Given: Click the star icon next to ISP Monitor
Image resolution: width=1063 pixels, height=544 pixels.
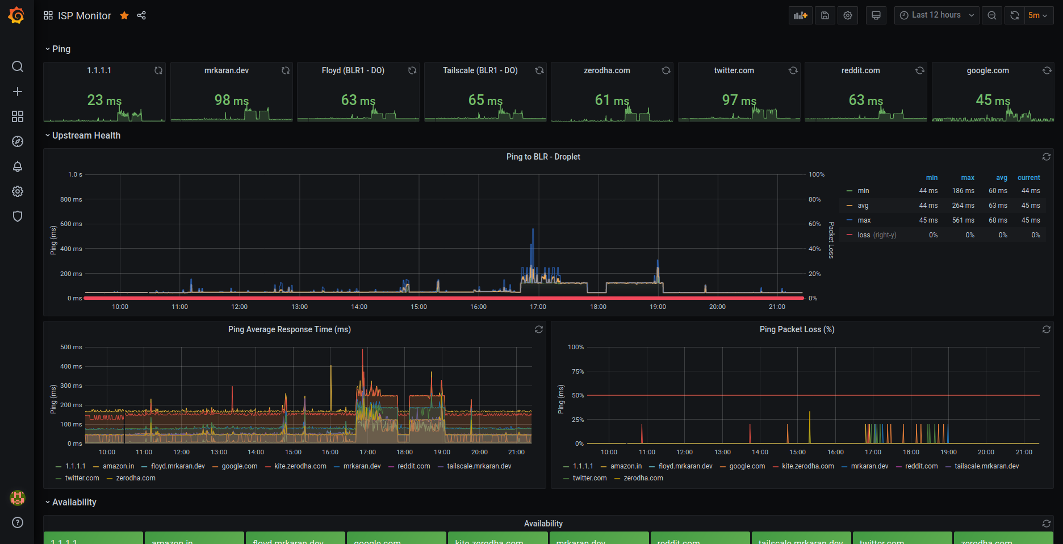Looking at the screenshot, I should coord(124,16).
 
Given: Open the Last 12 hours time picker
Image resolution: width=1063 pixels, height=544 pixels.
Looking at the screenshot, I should coord(936,15).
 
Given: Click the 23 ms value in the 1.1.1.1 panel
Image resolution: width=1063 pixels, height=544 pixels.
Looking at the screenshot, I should coord(104,101).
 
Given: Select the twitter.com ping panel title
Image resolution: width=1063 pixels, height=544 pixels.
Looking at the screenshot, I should coord(734,70).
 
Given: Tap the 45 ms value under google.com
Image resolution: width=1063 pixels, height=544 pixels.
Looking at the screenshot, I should coord(993,101).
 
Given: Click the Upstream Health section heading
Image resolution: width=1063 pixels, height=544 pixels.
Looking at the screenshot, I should coord(86,135).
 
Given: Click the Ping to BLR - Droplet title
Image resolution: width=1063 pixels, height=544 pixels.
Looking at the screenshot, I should coord(543,157).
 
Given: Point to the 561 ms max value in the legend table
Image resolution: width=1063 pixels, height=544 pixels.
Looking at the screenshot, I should coord(963,220).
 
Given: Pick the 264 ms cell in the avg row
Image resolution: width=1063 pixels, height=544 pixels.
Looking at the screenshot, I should coord(963,206).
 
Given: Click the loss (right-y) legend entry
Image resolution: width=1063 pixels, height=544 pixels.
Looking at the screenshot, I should coord(876,235).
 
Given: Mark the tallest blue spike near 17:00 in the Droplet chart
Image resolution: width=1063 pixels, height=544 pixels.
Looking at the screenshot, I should coord(533,231).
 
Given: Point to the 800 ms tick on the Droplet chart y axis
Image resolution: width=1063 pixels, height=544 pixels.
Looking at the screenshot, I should coord(71,199).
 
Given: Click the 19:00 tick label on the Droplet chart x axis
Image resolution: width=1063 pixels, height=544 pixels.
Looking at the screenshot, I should coord(658,307).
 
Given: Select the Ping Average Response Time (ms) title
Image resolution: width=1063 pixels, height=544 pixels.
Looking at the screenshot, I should coord(289,329).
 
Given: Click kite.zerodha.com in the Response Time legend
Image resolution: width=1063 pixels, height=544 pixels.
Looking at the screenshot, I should coord(300,466).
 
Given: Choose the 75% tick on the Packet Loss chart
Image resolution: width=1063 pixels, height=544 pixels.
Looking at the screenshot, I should coord(577,371).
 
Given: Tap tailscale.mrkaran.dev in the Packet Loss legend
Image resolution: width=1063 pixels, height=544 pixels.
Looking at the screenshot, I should coord(986,466).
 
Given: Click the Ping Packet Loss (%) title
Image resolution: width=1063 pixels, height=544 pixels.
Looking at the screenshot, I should coord(797,329).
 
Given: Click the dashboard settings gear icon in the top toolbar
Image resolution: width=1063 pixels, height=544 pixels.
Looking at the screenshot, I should coord(848,15).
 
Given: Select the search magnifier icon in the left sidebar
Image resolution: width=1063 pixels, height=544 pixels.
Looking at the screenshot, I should coord(18,66).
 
